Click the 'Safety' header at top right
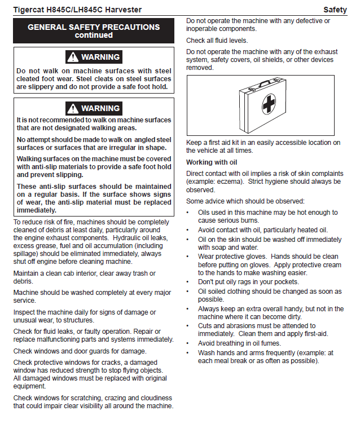pyautogui.click(x=335, y=10)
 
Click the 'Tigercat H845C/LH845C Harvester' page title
pyautogui.click(x=77, y=10)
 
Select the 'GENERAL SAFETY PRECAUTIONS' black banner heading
pyautogui.click(x=94, y=27)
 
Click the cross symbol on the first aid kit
pyautogui.click(x=269, y=104)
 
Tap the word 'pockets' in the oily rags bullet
pyautogui.click(x=286, y=281)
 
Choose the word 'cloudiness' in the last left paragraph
pyautogui.click(x=155, y=398)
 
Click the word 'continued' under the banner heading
pyautogui.click(x=94, y=36)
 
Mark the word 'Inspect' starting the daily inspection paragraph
pyautogui.click(x=25, y=312)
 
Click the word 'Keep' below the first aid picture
pyautogui.click(x=195, y=143)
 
